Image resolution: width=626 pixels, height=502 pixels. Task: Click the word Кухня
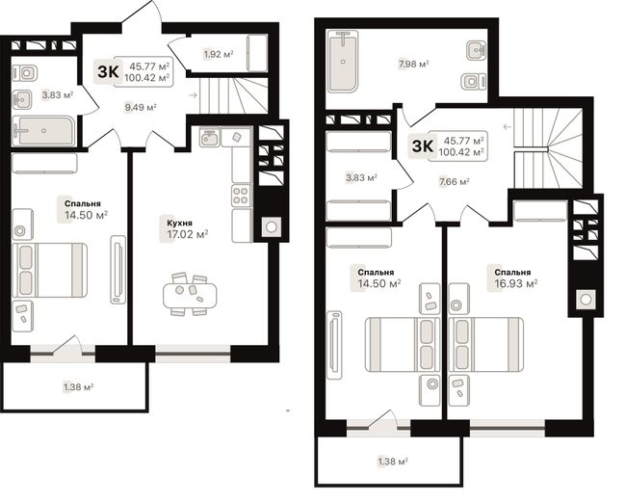pyautogui.click(x=179, y=223)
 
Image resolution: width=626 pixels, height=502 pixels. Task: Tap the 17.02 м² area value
pyautogui.click(x=187, y=234)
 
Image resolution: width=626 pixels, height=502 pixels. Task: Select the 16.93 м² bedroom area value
pyautogui.click(x=516, y=283)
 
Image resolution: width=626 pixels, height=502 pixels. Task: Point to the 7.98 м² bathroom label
pyautogui.click(x=413, y=64)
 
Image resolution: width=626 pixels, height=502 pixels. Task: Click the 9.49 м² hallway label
pyautogui.click(x=141, y=107)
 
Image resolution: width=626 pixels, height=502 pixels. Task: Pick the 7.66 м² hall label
pyautogui.click(x=454, y=182)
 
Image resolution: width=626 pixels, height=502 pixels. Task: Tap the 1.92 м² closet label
pyautogui.click(x=219, y=54)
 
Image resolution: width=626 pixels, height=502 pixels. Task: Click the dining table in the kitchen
pyautogui.click(x=190, y=295)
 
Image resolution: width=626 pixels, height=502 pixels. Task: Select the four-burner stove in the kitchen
pyautogui.click(x=242, y=196)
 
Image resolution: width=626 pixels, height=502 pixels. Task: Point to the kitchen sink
pyautogui.click(x=210, y=138)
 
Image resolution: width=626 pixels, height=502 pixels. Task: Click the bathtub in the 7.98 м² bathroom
pyautogui.click(x=343, y=62)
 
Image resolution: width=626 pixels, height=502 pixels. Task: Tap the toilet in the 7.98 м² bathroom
pyautogui.click(x=474, y=82)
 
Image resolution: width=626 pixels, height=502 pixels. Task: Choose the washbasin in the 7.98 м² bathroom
pyautogui.click(x=477, y=51)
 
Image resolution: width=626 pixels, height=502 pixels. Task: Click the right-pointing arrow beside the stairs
pyautogui.click(x=194, y=95)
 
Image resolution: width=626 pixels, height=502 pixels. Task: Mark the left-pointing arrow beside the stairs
pyautogui.click(x=507, y=127)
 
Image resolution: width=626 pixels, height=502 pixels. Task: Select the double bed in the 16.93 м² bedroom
pyautogui.click(x=485, y=345)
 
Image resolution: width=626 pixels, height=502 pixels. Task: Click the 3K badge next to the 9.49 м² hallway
pyautogui.click(x=108, y=72)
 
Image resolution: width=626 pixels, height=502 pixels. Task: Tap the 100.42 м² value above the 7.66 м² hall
pyautogui.click(x=461, y=152)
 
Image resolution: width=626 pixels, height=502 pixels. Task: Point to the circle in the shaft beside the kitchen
pyautogui.click(x=271, y=227)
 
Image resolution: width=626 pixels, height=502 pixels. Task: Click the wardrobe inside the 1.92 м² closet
pyautogui.click(x=257, y=54)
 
